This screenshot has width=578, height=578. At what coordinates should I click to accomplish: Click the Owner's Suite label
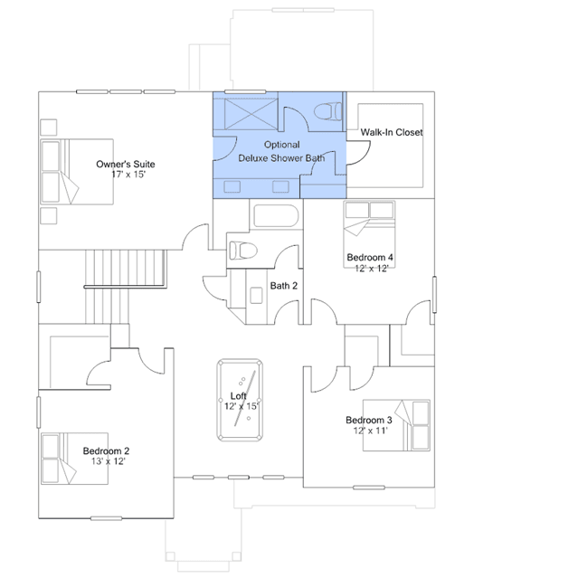click(x=126, y=164)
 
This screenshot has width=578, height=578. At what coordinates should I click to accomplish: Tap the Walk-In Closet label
click(x=392, y=132)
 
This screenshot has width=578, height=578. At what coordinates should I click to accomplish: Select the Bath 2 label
click(x=283, y=286)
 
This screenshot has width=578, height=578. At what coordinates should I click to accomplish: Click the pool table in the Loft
click(x=240, y=400)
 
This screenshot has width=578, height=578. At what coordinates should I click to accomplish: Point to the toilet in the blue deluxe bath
click(x=327, y=111)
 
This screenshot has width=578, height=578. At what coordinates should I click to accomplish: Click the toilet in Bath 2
click(x=243, y=251)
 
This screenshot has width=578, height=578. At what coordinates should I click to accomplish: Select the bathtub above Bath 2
click(x=276, y=215)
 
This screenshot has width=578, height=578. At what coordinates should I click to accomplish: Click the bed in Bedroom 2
click(x=74, y=459)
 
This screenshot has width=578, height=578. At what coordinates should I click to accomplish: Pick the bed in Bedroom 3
click(x=396, y=425)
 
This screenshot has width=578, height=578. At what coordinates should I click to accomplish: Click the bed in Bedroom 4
click(x=369, y=234)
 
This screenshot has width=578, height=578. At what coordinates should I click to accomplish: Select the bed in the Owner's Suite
click(x=77, y=172)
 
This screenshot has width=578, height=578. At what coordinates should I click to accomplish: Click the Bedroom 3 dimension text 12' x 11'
click(x=370, y=431)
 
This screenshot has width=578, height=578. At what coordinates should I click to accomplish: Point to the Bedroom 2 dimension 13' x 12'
click(x=108, y=461)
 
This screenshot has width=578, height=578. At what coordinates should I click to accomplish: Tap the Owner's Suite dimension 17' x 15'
click(x=128, y=175)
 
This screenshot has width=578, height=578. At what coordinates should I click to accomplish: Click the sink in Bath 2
click(x=256, y=295)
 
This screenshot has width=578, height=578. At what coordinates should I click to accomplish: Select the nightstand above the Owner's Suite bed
click(x=48, y=128)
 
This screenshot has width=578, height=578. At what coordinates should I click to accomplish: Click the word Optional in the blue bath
click(x=282, y=145)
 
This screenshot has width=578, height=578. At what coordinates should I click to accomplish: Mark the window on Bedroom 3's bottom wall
click(x=369, y=488)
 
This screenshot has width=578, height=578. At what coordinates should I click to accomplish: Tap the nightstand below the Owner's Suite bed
click(x=48, y=215)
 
